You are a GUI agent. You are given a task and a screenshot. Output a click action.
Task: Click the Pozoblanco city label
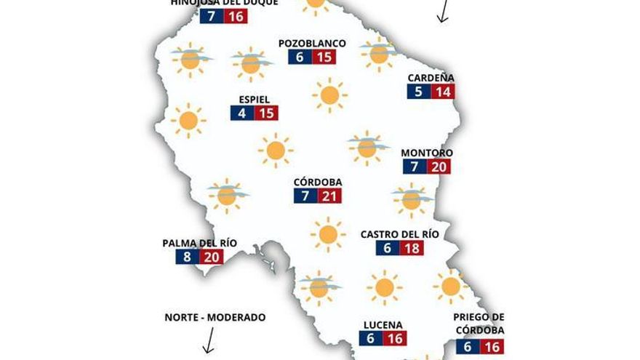coord(312,44)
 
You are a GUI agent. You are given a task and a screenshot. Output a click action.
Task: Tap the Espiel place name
coord(255,100)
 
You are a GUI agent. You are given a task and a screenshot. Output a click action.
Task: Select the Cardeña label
coord(431,78)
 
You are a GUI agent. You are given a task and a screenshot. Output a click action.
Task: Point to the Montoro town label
coord(427,153)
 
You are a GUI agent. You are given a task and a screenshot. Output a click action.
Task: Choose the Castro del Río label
coord(400,234)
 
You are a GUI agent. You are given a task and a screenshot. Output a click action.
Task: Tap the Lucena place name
coord(383,325)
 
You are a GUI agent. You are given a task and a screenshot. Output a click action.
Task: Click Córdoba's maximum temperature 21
coord(329,196)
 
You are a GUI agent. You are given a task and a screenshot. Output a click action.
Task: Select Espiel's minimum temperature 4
coord(241,113)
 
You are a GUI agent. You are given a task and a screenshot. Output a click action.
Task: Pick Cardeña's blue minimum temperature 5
coord(418,92)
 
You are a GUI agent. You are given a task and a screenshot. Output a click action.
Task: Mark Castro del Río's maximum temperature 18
coord(412,248)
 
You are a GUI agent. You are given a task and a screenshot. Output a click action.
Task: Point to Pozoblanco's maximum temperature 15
coord(324,57)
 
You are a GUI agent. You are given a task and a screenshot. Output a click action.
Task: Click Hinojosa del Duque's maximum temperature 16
coord(235,15)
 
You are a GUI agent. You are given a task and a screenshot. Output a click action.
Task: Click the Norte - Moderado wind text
coord(215,317)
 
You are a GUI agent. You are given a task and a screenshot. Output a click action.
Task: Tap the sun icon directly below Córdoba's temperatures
coord(327,234)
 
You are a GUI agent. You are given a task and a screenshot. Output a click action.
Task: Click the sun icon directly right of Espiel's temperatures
coord(329,95)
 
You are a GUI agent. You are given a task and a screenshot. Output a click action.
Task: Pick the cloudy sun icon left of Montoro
coord(366,148)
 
